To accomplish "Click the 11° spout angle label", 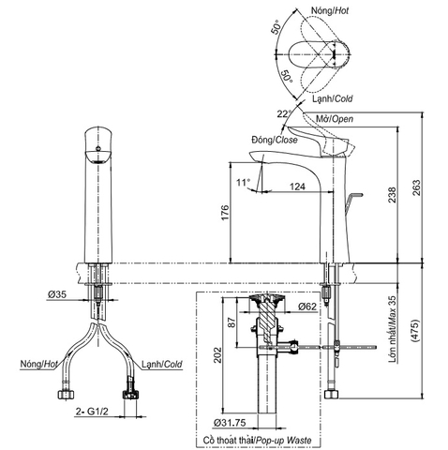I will pyautogui.click(x=243, y=181).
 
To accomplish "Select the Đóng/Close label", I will pyautogui.click(x=274, y=140).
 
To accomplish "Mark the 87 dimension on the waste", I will pyautogui.click(x=231, y=322).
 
